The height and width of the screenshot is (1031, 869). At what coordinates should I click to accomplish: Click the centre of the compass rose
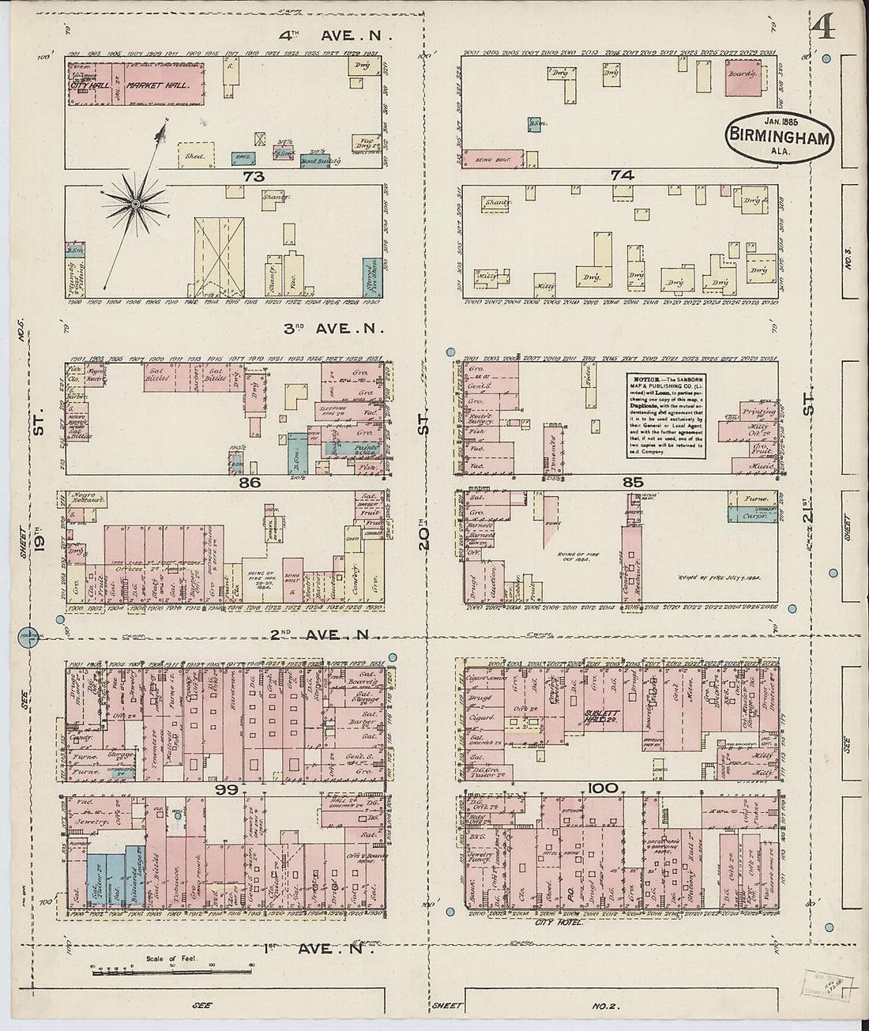coord(136,204)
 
